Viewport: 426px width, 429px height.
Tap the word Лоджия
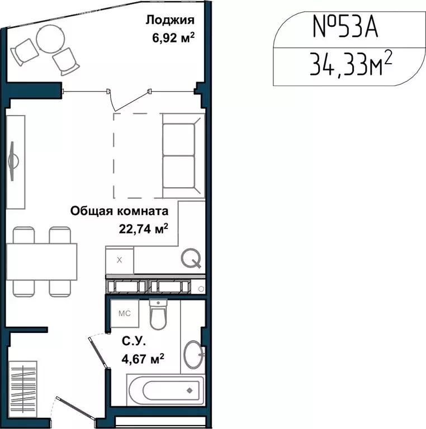(170, 21)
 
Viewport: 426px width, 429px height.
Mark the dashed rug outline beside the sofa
(137, 155)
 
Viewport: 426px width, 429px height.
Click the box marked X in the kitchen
(120, 260)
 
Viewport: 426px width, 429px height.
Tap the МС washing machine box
(124, 313)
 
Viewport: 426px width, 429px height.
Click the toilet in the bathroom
(158, 316)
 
